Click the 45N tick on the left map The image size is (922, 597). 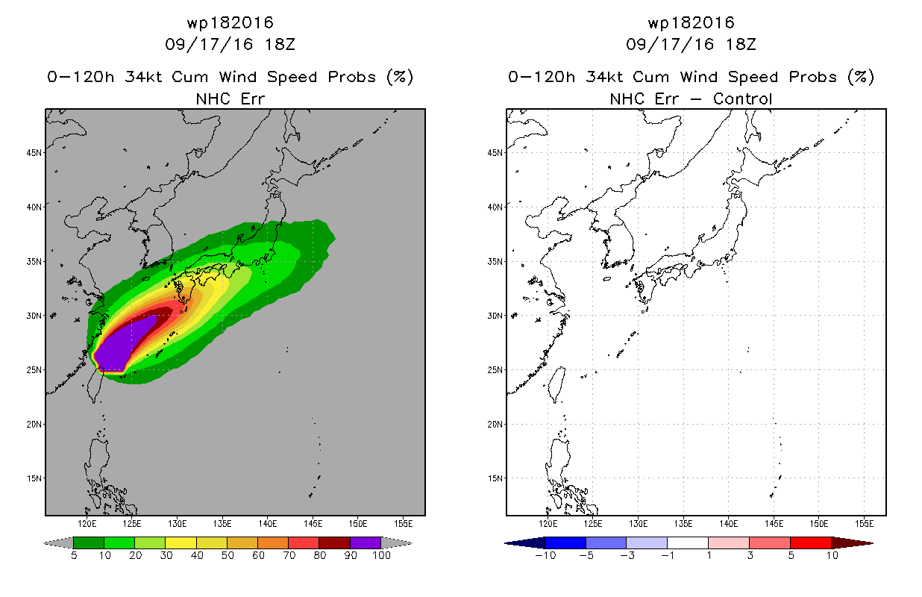pos(34,153)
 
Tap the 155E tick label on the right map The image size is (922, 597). pos(864,524)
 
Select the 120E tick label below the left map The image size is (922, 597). pos(87,524)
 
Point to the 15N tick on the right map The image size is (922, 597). pos(495,478)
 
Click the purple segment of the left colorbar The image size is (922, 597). pos(366,543)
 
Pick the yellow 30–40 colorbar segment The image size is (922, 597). pos(181,543)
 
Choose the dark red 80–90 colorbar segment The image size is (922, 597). pos(335,543)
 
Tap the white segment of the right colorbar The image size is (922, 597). pos(688,543)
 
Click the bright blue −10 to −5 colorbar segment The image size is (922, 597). pos(565,543)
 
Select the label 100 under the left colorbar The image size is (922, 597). pos(381,555)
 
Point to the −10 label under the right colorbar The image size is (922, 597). pos(545,555)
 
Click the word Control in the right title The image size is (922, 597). pos(742,99)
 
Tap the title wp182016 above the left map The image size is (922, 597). pos(230,22)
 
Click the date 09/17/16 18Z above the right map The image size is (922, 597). pos(691,44)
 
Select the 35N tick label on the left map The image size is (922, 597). pos(34,261)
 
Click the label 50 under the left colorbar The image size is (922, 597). pos(228,555)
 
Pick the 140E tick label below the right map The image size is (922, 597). pos(729,524)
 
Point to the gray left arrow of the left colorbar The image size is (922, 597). pos(58,543)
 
